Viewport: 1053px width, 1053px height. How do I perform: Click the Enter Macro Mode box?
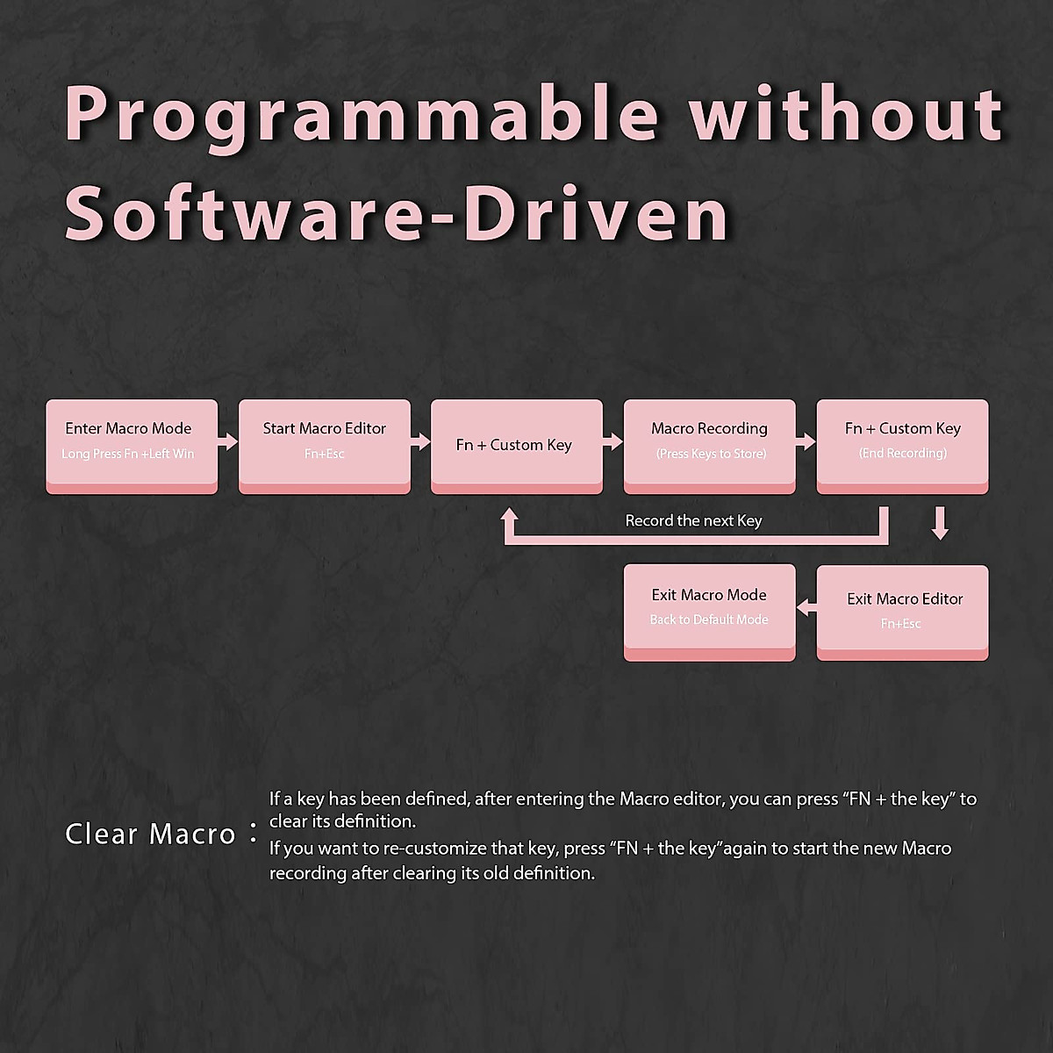[x=132, y=447]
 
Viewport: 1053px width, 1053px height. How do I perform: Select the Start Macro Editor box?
[x=325, y=447]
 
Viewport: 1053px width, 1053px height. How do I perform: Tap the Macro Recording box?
[x=709, y=447]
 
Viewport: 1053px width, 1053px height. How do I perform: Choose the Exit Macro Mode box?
[x=709, y=612]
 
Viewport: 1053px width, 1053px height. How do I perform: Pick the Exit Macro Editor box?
[x=902, y=612]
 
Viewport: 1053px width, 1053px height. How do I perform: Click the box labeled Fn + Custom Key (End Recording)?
[x=902, y=447]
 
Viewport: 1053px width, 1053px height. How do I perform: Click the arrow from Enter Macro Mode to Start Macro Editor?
[x=228, y=441]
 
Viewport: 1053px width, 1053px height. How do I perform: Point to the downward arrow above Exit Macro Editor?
[x=940, y=523]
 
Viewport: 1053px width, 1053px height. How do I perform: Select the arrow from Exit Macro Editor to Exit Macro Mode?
[x=806, y=606]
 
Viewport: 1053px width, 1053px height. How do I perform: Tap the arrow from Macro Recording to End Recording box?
[x=806, y=441]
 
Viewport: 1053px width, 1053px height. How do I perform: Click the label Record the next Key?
[x=693, y=520]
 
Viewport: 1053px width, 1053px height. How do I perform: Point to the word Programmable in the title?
[x=362, y=117]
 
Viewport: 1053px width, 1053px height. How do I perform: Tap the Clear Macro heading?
[x=150, y=834]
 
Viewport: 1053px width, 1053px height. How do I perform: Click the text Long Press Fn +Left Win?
[x=128, y=454]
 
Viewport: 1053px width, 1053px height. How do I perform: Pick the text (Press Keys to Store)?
[x=712, y=454]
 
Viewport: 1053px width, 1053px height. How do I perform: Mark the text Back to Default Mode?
[x=709, y=620]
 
